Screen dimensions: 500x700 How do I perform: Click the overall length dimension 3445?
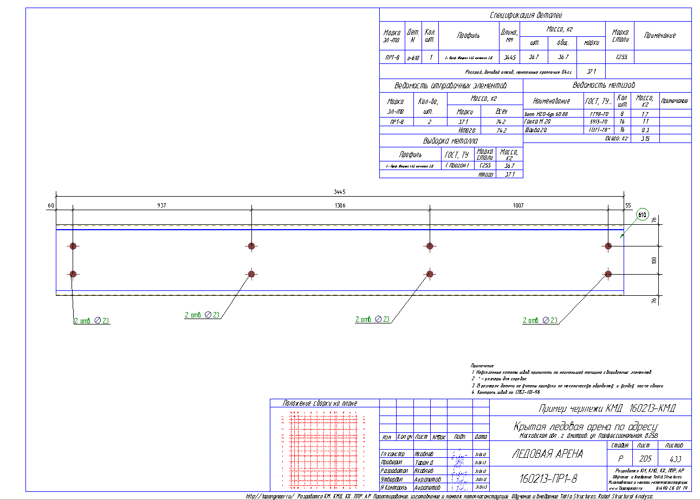[340, 192]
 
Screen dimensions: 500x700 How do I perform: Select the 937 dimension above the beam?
[162, 205]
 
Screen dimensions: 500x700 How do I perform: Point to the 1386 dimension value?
[340, 205]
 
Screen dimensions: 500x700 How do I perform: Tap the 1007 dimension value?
[518, 205]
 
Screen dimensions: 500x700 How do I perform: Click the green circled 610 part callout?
[643, 215]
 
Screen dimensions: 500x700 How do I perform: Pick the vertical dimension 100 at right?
[654, 260]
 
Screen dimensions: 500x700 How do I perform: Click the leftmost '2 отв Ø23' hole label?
[92, 321]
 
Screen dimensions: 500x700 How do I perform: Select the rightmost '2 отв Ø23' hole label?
[540, 320]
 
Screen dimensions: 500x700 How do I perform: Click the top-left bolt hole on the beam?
[73, 246]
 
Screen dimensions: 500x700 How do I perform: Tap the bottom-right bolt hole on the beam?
[608, 274]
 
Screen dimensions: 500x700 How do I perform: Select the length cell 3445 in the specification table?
[509, 57]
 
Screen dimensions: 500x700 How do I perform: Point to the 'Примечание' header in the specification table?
[659, 35]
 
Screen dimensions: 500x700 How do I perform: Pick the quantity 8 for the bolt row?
[623, 114]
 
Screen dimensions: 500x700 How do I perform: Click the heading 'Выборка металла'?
[450, 141]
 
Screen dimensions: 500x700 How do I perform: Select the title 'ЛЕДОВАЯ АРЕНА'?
[547, 454]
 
